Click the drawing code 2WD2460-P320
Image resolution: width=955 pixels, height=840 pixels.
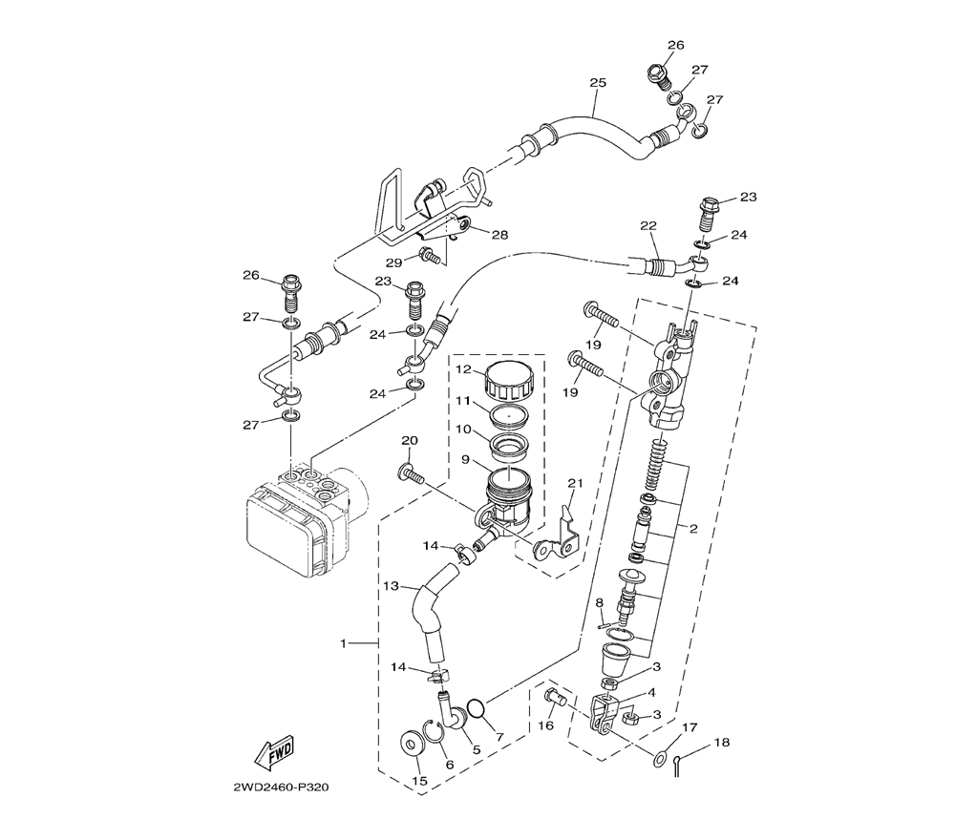[x=281, y=787]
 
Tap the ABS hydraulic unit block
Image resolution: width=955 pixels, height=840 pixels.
[x=305, y=518]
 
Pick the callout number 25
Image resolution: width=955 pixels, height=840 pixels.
[x=598, y=82]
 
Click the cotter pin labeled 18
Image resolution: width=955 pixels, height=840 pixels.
[x=678, y=764]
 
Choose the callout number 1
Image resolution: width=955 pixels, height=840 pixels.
[x=343, y=642]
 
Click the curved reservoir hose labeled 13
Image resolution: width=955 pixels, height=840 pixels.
[x=435, y=615]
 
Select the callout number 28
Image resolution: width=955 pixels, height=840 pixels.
[x=499, y=235]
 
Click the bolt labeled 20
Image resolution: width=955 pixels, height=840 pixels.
[x=412, y=472]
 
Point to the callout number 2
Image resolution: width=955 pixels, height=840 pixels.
[x=693, y=529]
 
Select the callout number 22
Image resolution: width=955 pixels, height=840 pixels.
[x=648, y=225]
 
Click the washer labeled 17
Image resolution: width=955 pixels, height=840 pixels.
[x=660, y=759]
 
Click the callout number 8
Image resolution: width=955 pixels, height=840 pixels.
[x=600, y=602]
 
